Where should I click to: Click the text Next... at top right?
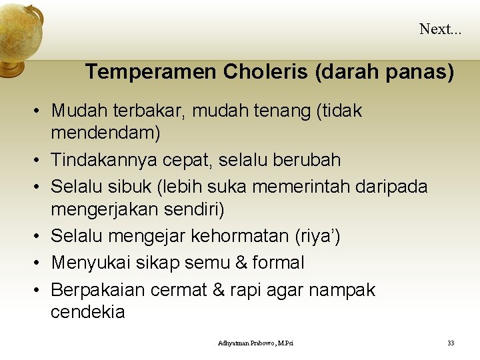point(440,29)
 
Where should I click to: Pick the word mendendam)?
point(105,133)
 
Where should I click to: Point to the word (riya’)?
point(318,236)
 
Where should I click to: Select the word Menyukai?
point(91,263)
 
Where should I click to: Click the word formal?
point(278,263)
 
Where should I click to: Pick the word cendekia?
point(87,312)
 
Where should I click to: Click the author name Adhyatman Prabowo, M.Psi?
point(255,343)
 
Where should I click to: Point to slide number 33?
point(451,343)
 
